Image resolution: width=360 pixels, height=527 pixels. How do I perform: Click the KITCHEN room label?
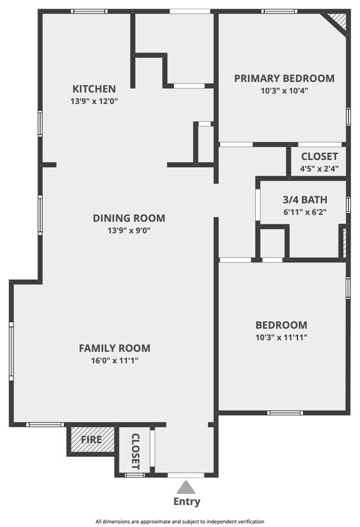94,89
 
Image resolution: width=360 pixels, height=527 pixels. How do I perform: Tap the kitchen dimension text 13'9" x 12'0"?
94,101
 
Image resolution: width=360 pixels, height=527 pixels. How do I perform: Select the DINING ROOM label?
129,218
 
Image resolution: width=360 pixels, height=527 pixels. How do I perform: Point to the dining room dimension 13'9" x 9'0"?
128,230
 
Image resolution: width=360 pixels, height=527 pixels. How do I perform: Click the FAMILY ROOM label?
115,348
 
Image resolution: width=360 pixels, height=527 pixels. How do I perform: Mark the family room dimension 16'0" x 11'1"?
115,360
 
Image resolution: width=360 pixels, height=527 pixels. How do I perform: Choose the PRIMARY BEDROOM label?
284,78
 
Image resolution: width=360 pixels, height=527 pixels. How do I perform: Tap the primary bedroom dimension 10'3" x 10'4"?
284,90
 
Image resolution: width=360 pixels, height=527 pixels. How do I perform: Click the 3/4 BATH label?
305,200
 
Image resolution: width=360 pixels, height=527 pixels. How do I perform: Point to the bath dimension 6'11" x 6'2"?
305,212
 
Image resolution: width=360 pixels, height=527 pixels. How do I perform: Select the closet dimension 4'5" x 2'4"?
320,168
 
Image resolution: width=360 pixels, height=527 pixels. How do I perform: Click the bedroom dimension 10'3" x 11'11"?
282,337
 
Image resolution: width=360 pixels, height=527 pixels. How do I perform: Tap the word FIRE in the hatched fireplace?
91,440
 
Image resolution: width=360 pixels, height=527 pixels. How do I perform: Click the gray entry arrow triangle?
184,487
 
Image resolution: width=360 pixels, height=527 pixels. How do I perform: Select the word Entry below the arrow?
187,502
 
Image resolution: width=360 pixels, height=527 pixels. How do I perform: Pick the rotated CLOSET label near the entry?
135,452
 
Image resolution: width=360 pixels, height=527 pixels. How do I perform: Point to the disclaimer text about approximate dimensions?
180,521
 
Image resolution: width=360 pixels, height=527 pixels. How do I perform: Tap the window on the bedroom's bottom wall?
285,412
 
